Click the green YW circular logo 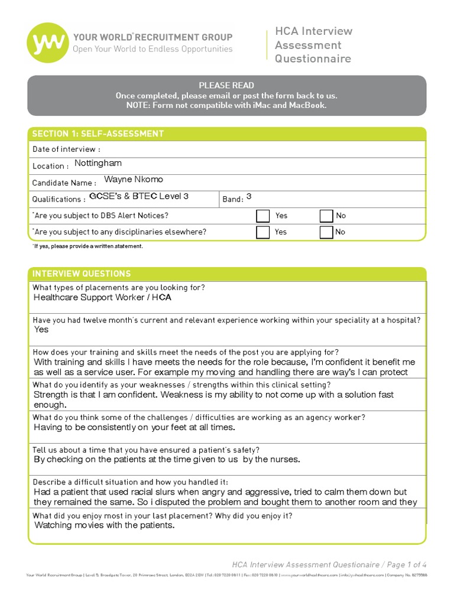(x=46, y=43)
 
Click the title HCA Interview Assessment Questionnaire (x=313, y=45)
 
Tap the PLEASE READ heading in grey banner (x=226, y=85)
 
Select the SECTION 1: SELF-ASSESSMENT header (x=98, y=134)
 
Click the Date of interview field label (x=66, y=149)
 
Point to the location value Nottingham (x=98, y=163)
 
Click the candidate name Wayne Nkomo (x=134, y=180)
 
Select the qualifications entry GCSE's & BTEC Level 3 (x=139, y=196)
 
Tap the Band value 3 (x=249, y=196)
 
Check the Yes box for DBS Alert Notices (x=262, y=216)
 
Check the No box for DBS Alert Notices (x=326, y=216)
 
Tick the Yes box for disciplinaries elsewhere (x=262, y=232)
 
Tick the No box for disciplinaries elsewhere (x=326, y=232)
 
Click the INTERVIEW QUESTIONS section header (x=82, y=274)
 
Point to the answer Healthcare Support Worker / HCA (x=102, y=298)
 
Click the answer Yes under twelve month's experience (x=41, y=330)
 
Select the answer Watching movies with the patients (x=105, y=525)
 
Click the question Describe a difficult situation (x=130, y=482)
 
